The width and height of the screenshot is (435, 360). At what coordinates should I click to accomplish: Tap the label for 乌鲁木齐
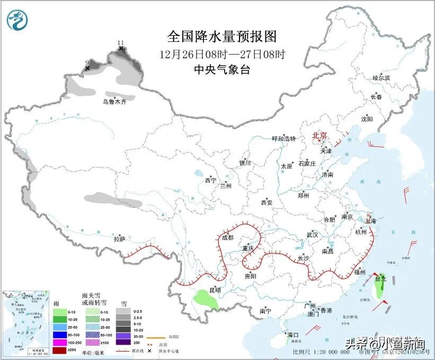pyautogui.click(x=115, y=102)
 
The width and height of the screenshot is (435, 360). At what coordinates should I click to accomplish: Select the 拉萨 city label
pyautogui.click(x=119, y=239)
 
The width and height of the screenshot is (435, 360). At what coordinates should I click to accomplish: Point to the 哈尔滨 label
pyautogui.click(x=381, y=78)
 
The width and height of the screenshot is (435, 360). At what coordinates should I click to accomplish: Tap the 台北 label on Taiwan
pyautogui.click(x=380, y=278)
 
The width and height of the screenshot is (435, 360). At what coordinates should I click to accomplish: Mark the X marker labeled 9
pyautogui.click(x=87, y=68)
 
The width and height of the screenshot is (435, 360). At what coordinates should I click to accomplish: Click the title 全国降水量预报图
pyautogui.click(x=222, y=37)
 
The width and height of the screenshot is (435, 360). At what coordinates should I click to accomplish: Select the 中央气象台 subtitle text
pyautogui.click(x=222, y=69)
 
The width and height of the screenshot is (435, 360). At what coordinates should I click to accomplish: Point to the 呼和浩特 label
pyautogui.click(x=283, y=139)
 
